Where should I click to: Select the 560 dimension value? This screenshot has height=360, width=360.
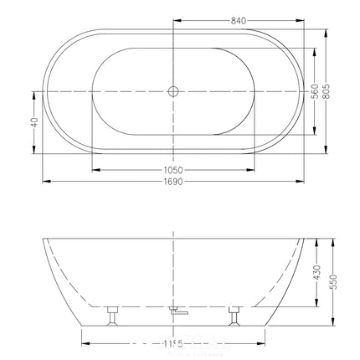314,92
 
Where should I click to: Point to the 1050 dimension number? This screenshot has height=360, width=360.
174,169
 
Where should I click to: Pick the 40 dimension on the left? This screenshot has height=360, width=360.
34,122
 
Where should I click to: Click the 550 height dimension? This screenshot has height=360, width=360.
337,282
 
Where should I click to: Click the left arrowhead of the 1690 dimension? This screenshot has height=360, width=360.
44,179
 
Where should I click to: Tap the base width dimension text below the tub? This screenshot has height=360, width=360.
174,342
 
